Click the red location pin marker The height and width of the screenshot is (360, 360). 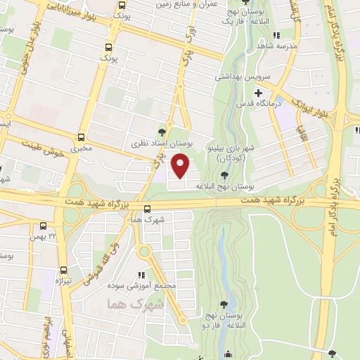(181, 166)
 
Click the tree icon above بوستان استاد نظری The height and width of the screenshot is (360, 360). (162, 131)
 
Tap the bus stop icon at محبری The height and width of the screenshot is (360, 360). (82, 137)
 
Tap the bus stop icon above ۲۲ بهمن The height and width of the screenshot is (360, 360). (44, 226)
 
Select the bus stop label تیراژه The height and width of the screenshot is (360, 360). (64, 281)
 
